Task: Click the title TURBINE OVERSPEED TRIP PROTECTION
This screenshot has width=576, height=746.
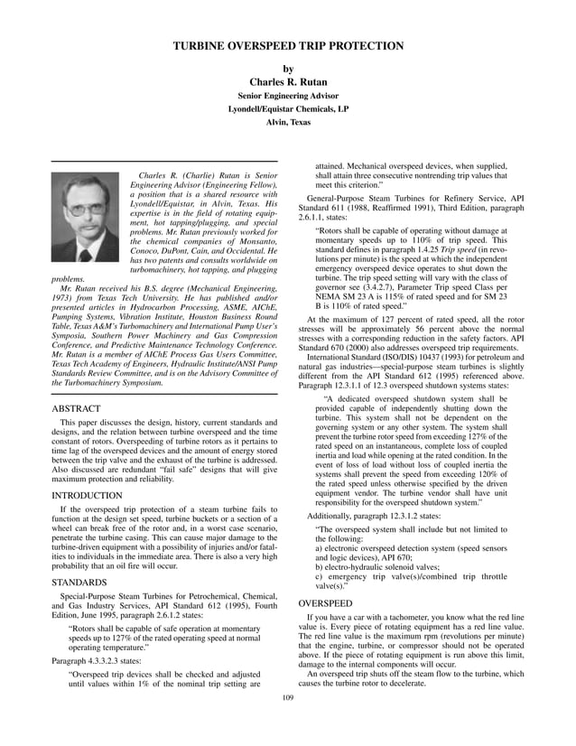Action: pos(288,46)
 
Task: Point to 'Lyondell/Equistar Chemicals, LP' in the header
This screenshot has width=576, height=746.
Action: pos(288,108)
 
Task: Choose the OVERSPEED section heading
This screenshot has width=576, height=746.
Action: pos(326,602)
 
